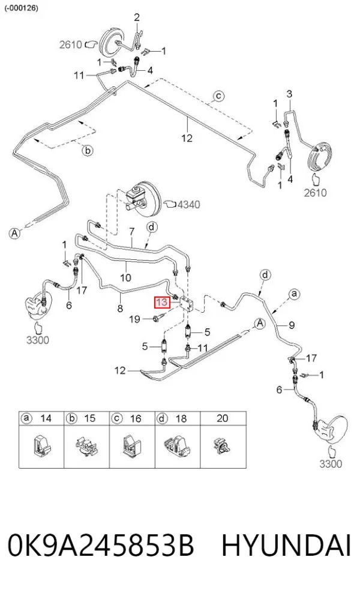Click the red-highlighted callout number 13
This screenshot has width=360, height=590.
162,302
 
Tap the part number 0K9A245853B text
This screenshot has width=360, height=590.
101,546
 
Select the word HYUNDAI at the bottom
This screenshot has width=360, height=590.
287,546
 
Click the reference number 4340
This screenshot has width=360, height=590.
189,204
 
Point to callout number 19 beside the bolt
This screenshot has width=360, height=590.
134,319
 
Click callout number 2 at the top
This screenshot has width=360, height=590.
137,17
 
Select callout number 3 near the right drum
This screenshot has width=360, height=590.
289,93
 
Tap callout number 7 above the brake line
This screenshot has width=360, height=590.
132,232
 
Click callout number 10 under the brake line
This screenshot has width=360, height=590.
125,278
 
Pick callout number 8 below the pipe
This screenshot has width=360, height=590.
120,309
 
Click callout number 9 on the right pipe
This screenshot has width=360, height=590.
292,325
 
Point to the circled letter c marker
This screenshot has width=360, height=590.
218,96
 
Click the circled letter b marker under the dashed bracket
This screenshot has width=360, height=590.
87,151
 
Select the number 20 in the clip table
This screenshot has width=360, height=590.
223,418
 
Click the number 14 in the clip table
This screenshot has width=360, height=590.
46,418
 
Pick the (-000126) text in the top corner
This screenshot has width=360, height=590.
22,8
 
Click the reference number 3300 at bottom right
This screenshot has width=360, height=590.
331,464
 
